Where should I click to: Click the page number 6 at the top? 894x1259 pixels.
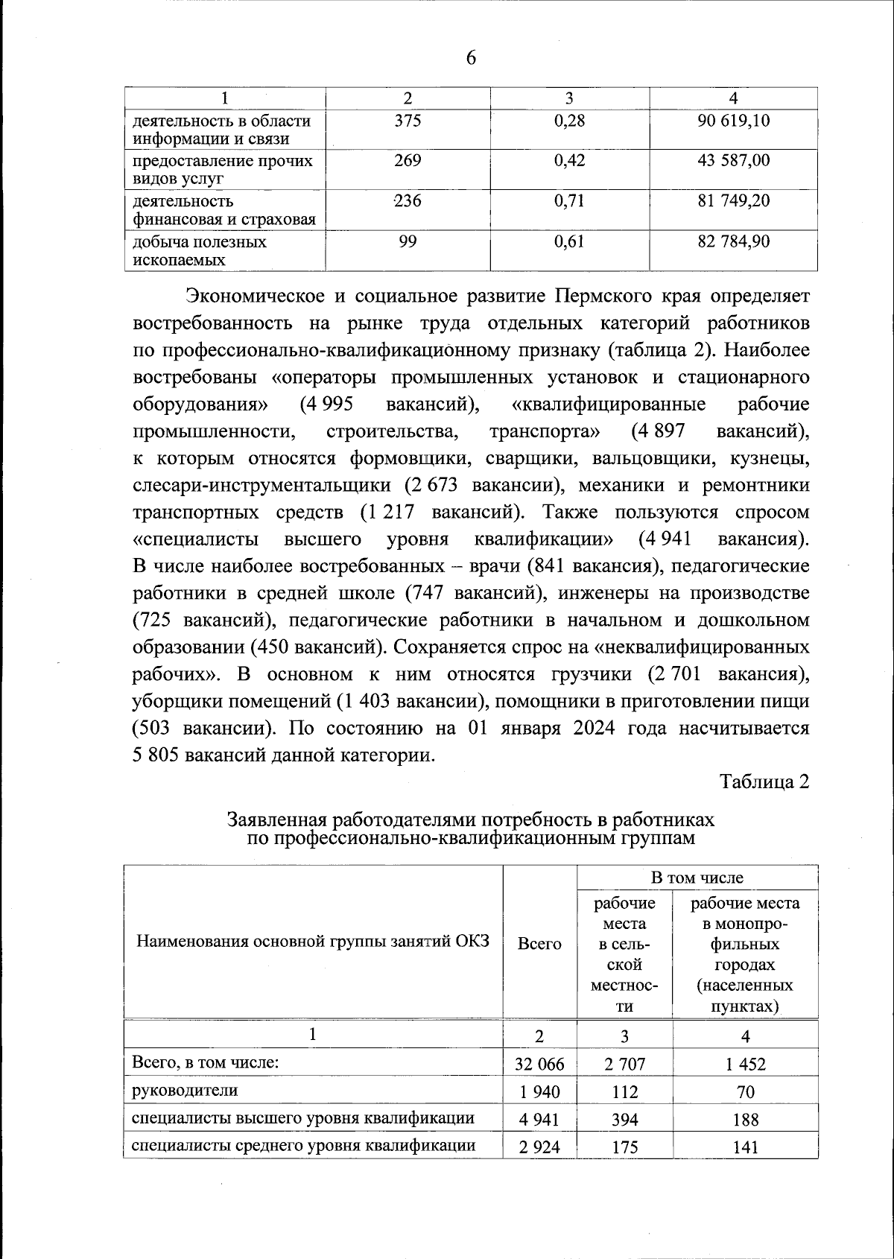[470, 58]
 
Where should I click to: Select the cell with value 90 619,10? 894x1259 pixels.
[733, 121]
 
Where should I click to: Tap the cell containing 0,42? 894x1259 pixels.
[569, 161]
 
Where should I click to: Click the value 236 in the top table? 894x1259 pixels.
[408, 201]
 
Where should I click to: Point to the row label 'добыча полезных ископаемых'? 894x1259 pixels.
[200, 251]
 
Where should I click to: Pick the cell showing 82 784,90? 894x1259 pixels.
[733, 242]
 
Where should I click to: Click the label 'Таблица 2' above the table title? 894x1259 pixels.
[764, 781]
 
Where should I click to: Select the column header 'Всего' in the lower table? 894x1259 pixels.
[539, 943]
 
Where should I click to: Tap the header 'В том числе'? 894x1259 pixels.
[697, 878]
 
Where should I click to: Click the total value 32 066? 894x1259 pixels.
[539, 1064]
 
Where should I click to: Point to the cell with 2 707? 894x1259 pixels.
[624, 1064]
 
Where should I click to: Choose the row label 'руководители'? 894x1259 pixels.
[185, 1090]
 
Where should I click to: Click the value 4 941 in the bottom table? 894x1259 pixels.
[539, 1119]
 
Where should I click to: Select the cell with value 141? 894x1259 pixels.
[745, 1147]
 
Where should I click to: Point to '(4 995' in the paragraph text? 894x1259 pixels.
[327, 405]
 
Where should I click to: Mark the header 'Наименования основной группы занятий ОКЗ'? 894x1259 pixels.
[313, 941]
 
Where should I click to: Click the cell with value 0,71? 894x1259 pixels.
[569, 201]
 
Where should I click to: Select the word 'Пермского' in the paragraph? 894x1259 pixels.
[603, 296]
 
